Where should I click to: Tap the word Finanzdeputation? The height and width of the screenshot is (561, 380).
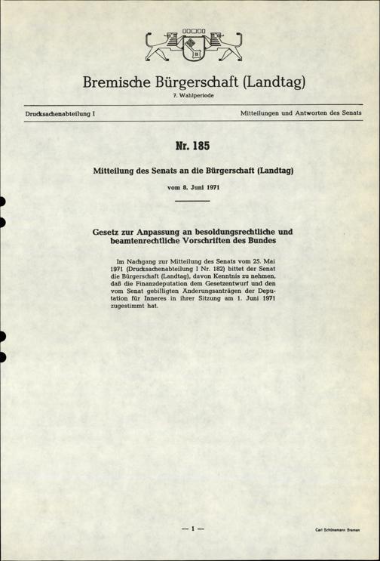click(162, 290)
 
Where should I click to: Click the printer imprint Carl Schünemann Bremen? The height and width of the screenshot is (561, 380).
click(337, 531)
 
